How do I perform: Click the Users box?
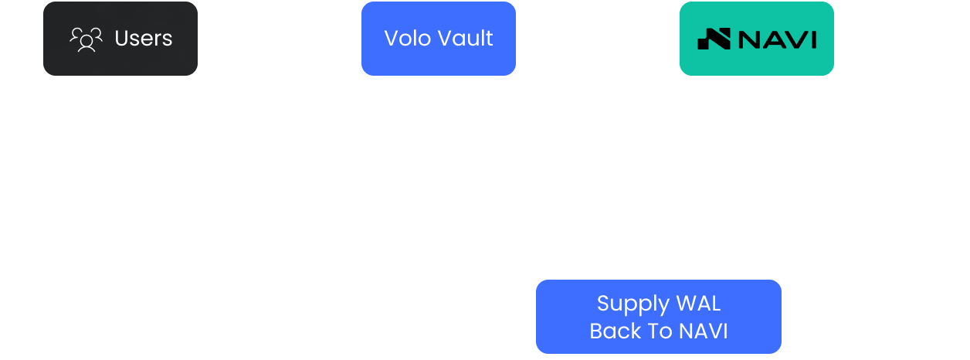tap(120, 39)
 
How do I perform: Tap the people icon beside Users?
tap(86, 39)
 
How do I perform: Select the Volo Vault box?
tap(438, 39)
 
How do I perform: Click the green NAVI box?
tap(756, 39)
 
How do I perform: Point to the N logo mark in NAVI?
tap(714, 39)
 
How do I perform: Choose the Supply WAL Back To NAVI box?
tap(658, 317)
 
